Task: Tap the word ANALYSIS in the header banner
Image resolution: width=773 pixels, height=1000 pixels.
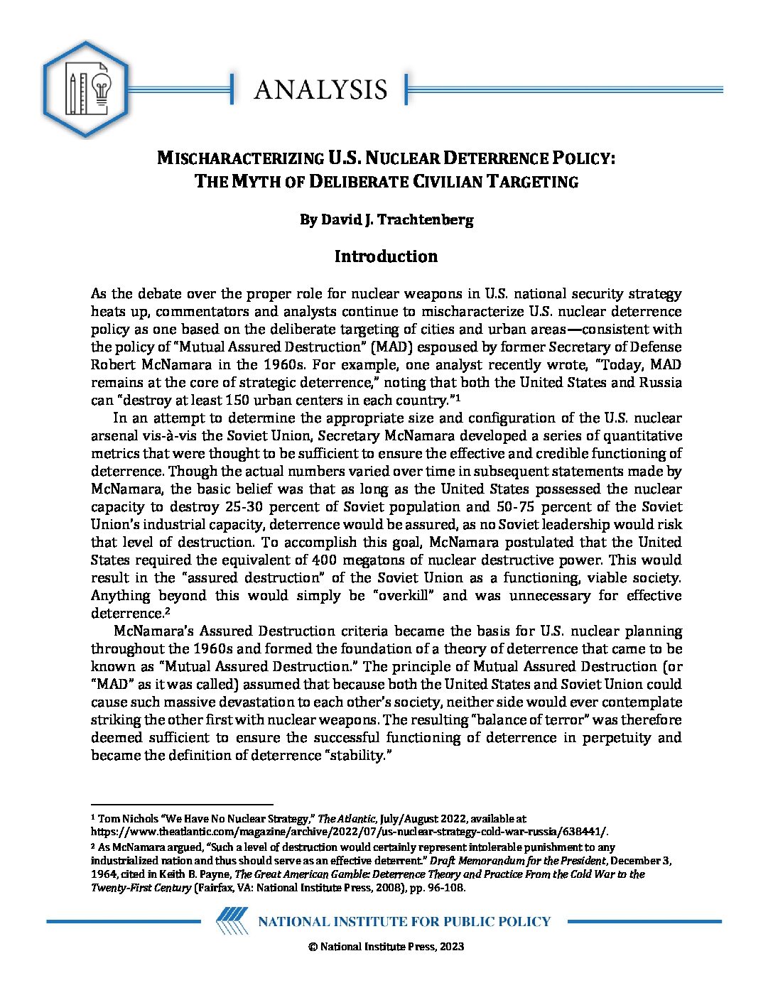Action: click(320, 89)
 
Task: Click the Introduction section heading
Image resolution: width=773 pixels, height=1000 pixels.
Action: click(386, 256)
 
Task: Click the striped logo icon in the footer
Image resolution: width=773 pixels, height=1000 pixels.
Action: click(232, 921)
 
